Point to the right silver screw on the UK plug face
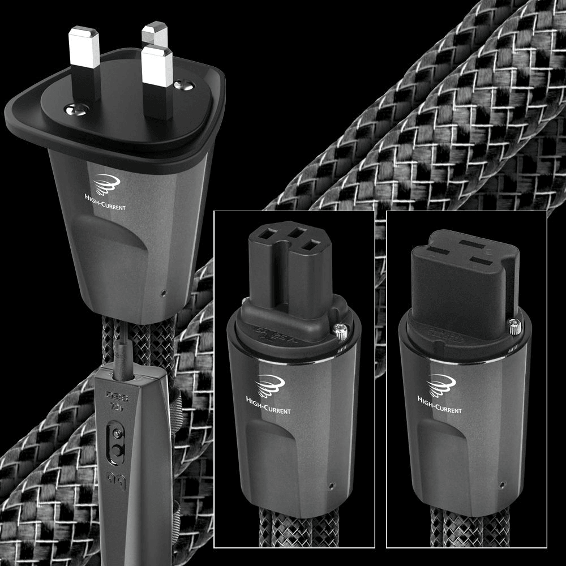point(183,85)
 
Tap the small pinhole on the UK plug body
point(164,294)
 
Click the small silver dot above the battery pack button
point(116,433)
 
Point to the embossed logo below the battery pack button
point(117,478)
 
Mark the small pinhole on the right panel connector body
point(502,484)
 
